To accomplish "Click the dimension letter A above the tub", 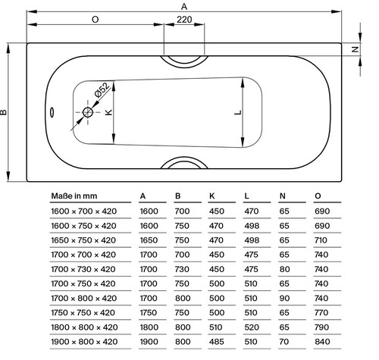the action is click(x=184, y=6).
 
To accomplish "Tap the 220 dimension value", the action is click(x=184, y=20).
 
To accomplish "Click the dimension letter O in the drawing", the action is click(x=95, y=20).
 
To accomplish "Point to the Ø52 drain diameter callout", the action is click(x=102, y=89).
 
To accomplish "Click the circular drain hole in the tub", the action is click(x=88, y=112).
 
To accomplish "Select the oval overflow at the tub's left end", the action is click(x=52, y=112).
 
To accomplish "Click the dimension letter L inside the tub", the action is click(x=238, y=113).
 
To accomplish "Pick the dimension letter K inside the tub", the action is click(x=108, y=112).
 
